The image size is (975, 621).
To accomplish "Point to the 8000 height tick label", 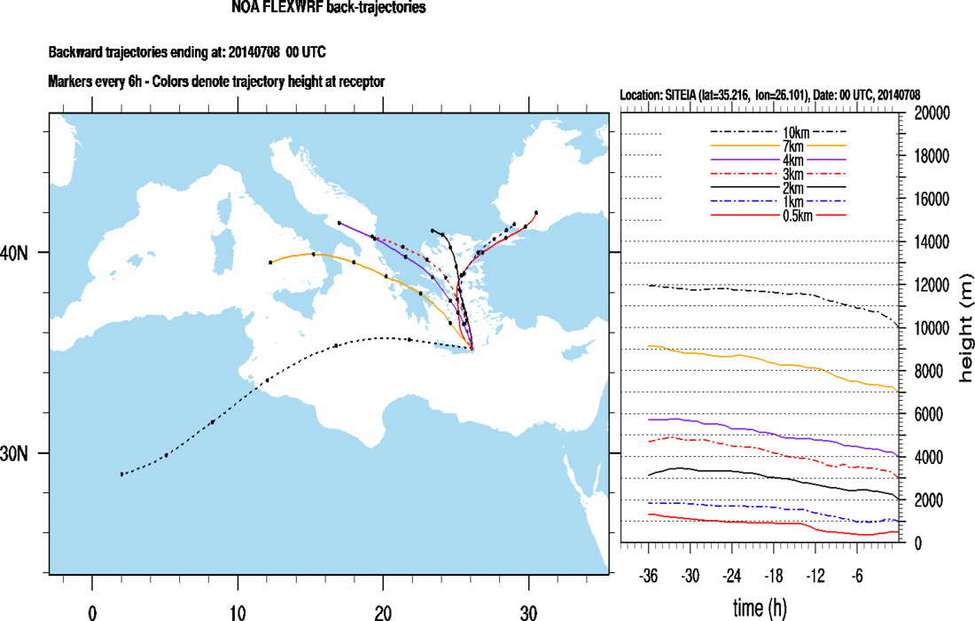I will pyautogui.click(x=931, y=372).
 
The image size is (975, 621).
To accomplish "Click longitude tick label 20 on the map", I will pyautogui.click(x=383, y=611).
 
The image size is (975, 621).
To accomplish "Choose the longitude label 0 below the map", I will pyautogui.click(x=92, y=611).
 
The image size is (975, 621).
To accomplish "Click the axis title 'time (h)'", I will pyautogui.click(x=760, y=608).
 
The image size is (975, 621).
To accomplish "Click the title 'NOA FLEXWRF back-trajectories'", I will pyautogui.click(x=329, y=8).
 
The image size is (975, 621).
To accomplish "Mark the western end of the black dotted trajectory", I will pyautogui.click(x=122, y=474).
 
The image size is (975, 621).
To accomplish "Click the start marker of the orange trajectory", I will pyautogui.click(x=270, y=263).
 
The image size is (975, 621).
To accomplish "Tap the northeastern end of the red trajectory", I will pyautogui.click(x=537, y=212).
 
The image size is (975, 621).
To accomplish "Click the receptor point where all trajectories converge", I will pyautogui.click(x=472, y=349).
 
